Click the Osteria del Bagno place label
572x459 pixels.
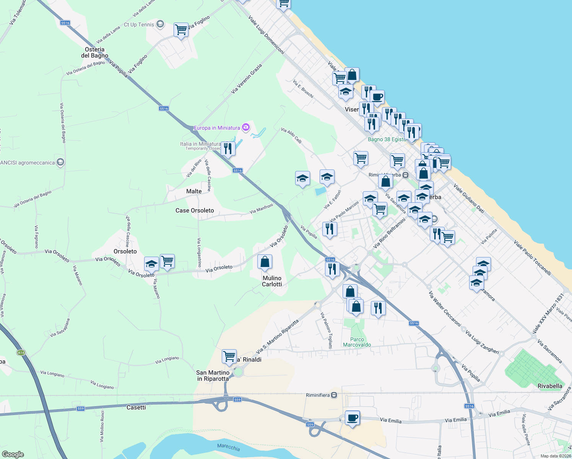(94, 52)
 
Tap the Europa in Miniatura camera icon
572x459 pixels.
(246, 127)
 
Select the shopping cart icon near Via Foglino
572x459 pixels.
(181, 29)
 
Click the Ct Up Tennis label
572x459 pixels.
(139, 24)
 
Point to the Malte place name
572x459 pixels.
(194, 191)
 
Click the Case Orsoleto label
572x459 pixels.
(195, 210)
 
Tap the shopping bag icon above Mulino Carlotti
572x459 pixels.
(265, 262)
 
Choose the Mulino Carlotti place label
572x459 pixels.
(272, 281)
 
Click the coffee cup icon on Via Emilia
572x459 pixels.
(352, 417)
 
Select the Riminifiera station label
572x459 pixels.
(318, 395)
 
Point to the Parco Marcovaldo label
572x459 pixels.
(357, 342)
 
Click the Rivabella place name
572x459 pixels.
(550, 386)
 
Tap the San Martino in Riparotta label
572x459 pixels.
(213, 376)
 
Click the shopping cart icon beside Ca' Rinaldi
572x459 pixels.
(229, 356)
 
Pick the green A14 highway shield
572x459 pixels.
(21, 353)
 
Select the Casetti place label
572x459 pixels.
(136, 407)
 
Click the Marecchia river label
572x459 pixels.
(228, 447)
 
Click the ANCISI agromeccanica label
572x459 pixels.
(28, 163)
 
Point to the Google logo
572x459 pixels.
(13, 454)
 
